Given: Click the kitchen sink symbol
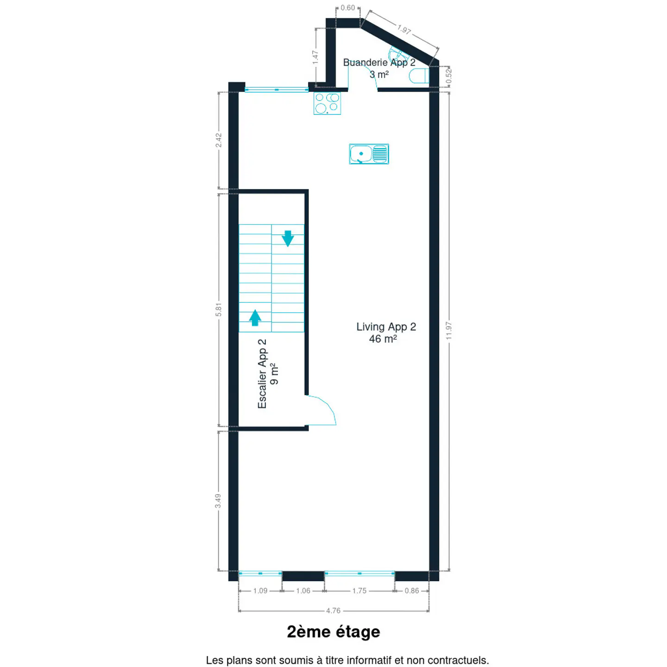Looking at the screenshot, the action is [x=369, y=154].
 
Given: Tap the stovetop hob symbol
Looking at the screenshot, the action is [x=327, y=103].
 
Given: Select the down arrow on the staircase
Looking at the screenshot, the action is [x=288, y=239].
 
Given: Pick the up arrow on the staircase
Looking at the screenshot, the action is [x=255, y=317].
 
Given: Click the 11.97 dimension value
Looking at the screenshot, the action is [x=449, y=330].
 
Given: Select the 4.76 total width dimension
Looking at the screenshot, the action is [x=333, y=610].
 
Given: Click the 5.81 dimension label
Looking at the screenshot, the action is [x=219, y=309].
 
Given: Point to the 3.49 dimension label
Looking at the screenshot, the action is [x=218, y=501].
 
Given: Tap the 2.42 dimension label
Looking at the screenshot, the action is [x=219, y=140].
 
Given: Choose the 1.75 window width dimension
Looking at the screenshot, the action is [x=359, y=591].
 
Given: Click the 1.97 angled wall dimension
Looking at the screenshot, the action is [x=404, y=30].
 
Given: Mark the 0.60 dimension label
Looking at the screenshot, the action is [x=348, y=7].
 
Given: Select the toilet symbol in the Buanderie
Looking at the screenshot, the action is [x=419, y=76].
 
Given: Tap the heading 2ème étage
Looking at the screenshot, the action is [x=333, y=632].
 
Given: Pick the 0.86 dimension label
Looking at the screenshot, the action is [x=412, y=591].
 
